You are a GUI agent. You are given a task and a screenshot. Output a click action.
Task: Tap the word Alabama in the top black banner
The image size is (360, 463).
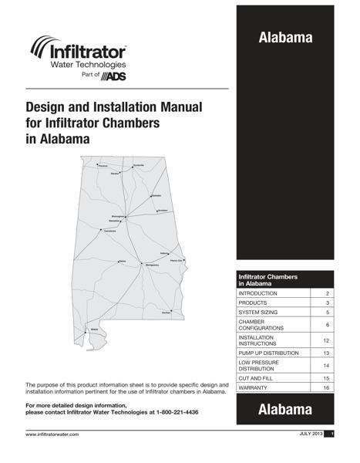(285, 37)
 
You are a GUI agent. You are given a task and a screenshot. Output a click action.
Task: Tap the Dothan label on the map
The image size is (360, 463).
(167, 312)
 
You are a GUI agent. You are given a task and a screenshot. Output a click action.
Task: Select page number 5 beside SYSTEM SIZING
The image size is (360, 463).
(327, 313)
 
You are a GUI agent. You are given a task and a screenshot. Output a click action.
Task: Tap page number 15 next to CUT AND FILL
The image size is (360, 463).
(327, 378)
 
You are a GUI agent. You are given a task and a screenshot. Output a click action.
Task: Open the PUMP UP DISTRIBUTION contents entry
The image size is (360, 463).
(274, 352)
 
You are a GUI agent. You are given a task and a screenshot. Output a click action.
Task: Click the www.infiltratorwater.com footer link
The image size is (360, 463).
(52, 435)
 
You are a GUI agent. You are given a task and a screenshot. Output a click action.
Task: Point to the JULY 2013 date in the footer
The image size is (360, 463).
(311, 435)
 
